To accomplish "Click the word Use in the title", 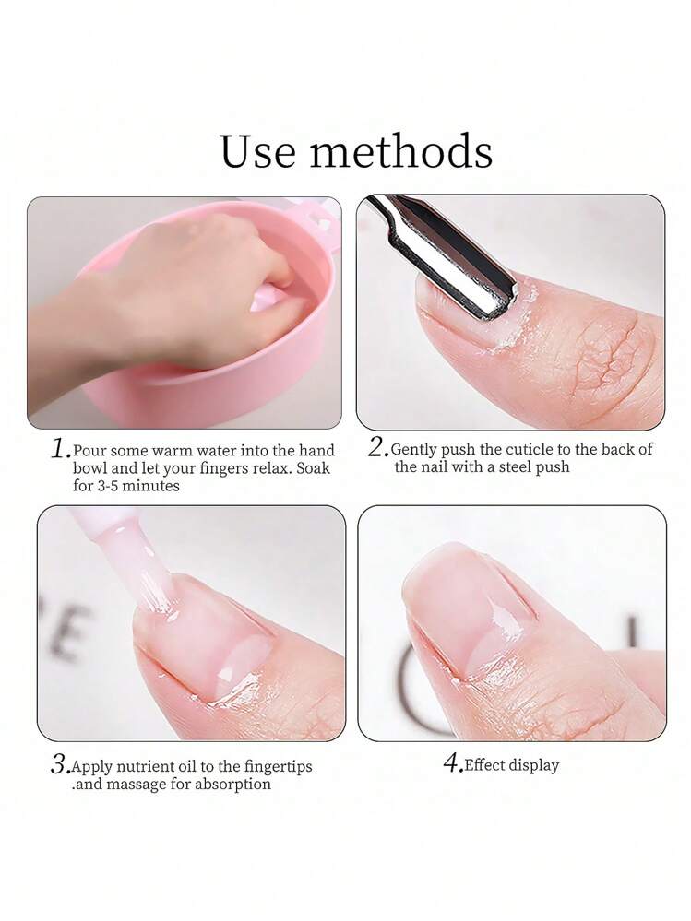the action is pos(258,151).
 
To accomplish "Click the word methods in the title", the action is pos(401,151).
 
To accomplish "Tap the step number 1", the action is pos(61,449).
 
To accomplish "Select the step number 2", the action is pos(378,447).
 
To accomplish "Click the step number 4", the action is pos(452,763).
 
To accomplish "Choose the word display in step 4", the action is pos(533,766).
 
